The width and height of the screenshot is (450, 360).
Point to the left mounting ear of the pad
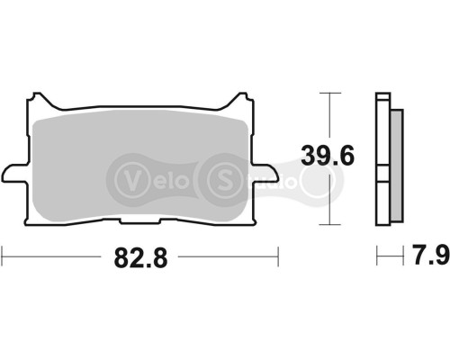(13, 170)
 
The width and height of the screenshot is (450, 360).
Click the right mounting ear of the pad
(265, 170)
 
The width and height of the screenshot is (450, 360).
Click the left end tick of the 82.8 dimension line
(3, 257)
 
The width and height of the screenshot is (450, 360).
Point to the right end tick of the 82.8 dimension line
(277, 257)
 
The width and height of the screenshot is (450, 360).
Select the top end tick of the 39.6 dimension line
(331, 93)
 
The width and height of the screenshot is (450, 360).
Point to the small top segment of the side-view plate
(382, 97)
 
